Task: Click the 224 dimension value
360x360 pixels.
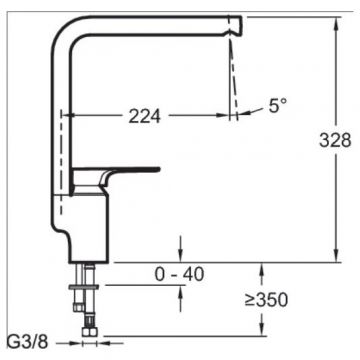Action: click(144, 116)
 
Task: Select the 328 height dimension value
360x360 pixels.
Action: click(335, 140)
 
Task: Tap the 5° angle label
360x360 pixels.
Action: click(278, 106)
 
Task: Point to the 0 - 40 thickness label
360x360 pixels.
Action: click(179, 275)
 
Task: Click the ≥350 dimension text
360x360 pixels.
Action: click(266, 300)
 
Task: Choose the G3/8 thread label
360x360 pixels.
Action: click(28, 342)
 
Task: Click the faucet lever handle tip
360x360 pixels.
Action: click(158, 169)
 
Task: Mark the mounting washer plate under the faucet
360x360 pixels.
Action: click(83, 287)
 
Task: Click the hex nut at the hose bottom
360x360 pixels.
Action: click(89, 332)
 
